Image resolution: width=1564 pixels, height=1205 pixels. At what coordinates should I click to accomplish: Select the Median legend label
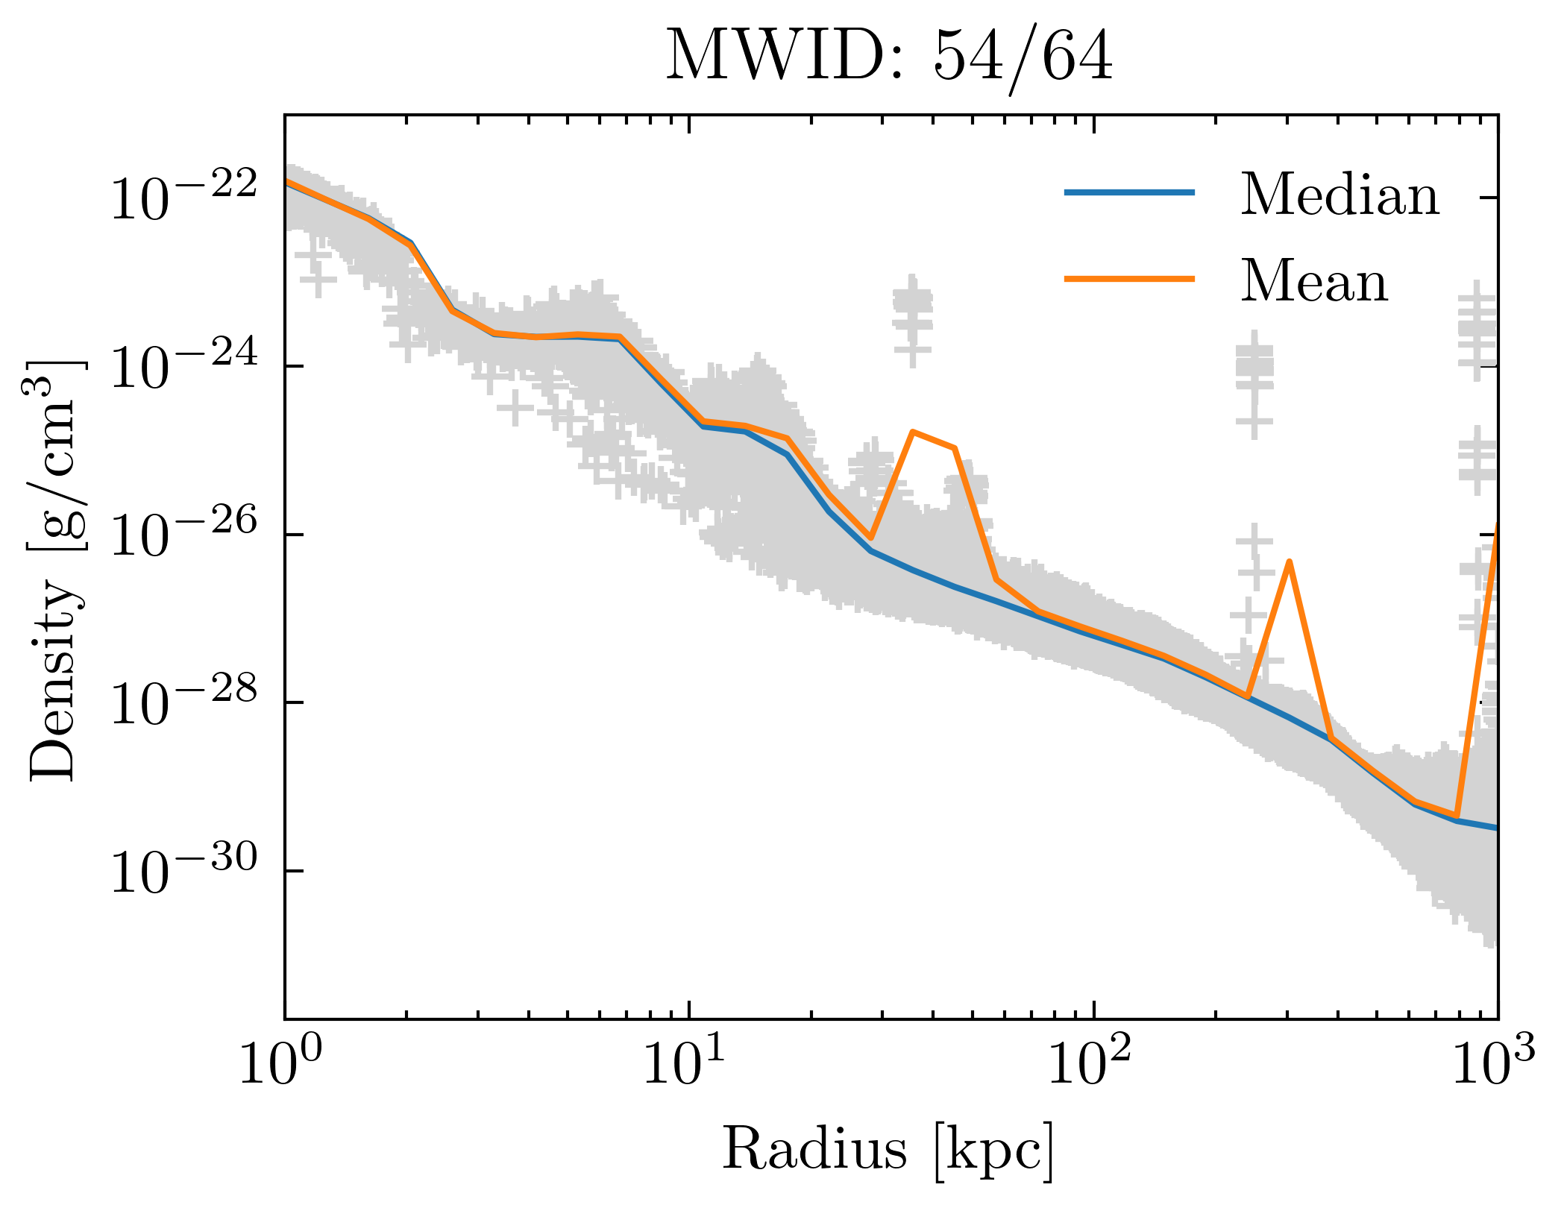point(1340,195)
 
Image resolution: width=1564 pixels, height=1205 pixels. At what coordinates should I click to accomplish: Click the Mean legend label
point(1314,282)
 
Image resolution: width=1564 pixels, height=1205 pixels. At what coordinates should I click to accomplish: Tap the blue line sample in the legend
point(1130,192)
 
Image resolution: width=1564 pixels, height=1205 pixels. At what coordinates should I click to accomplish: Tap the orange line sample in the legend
point(1130,279)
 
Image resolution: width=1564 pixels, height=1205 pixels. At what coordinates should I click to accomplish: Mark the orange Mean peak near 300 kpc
point(1289,561)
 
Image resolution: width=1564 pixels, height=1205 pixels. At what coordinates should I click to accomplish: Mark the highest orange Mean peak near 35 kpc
point(912,432)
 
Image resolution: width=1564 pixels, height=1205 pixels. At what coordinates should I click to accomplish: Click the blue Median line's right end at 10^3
point(1496,828)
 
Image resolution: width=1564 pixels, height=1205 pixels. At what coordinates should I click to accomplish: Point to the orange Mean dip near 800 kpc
point(1456,816)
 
